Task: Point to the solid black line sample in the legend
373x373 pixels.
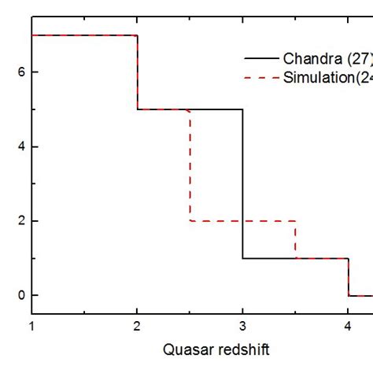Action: tap(261, 59)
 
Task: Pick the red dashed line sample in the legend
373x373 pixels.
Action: tap(261, 78)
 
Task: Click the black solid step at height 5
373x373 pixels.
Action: tap(216, 109)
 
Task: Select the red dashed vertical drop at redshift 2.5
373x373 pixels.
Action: tap(190, 165)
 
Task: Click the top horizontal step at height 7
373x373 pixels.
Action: tap(85, 35)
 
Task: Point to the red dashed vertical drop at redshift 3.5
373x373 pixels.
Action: tap(295, 240)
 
